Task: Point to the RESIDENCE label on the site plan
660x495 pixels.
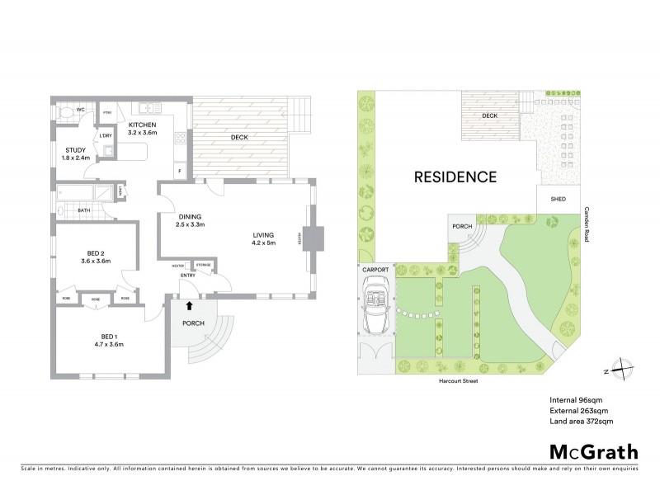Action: coord(455,177)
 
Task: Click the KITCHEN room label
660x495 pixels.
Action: coord(143,123)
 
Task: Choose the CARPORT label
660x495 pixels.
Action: coord(375,270)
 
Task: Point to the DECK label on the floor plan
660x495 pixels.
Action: coord(239,137)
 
